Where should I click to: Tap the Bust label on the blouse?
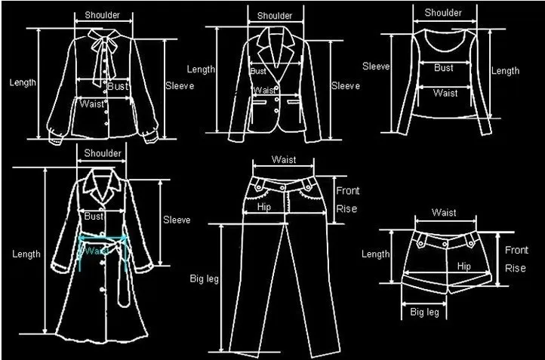pos(117,88)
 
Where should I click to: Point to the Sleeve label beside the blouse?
pos(180,86)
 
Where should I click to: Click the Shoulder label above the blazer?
pos(275,16)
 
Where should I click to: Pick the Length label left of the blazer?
pos(202,69)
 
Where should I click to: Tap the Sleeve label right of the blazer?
pos(346,86)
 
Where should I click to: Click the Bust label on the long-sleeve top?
pos(444,68)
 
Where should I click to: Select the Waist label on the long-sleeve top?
pos(445,93)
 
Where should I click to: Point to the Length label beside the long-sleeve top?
pos(505,71)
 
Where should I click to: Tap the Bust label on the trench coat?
pos(94,217)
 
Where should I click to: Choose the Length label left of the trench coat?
pos(26,254)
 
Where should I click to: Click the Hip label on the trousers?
pos(264,206)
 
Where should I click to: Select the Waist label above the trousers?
pos(284,159)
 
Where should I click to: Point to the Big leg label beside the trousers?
pos(203,279)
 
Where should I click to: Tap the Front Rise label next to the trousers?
pos(347,199)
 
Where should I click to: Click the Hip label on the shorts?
pos(463,266)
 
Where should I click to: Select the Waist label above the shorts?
pos(444,213)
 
